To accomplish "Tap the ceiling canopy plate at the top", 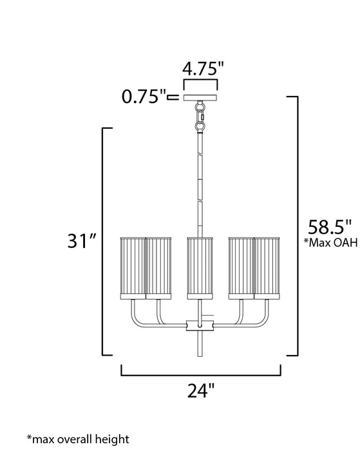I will (201, 97).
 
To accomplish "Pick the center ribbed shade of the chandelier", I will (201, 267).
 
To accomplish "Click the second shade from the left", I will (158, 267).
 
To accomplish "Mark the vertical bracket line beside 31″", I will (104, 242).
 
